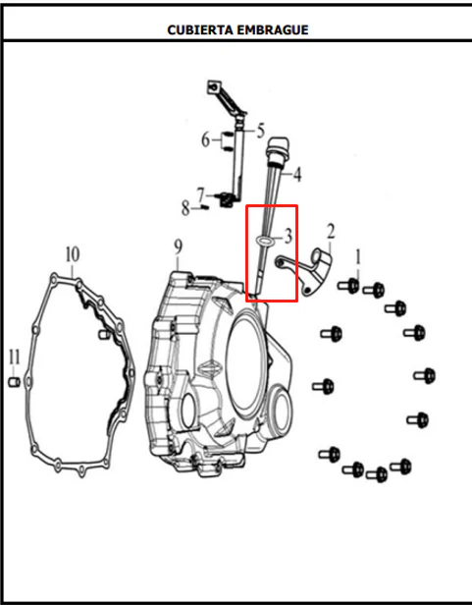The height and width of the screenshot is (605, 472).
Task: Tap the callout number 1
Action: [x=358, y=257]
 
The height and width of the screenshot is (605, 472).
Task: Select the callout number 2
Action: [x=331, y=232]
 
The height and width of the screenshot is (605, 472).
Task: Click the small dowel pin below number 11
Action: [x=14, y=382]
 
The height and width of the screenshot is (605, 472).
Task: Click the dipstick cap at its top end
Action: [x=278, y=147]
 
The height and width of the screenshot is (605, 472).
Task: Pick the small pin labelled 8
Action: [x=205, y=208]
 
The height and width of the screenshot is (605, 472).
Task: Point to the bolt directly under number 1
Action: [x=349, y=286]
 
